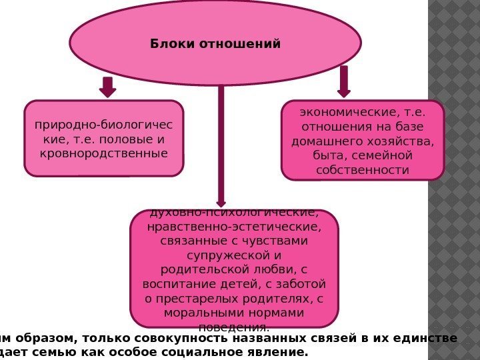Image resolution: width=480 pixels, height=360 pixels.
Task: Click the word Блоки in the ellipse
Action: point(169,44)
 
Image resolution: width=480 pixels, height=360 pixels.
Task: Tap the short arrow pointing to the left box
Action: point(107,87)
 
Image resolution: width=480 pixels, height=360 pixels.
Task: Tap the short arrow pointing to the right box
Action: point(344,81)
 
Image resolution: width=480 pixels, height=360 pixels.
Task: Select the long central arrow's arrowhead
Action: point(221,202)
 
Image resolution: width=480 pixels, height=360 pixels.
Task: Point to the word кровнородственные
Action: point(103,153)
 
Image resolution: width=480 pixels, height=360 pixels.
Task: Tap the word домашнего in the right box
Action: point(323,141)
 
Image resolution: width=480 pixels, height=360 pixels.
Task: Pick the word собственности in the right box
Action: point(363,170)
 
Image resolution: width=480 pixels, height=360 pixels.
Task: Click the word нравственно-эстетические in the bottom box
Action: point(234,227)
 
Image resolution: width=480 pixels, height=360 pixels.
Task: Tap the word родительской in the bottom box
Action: point(206,270)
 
